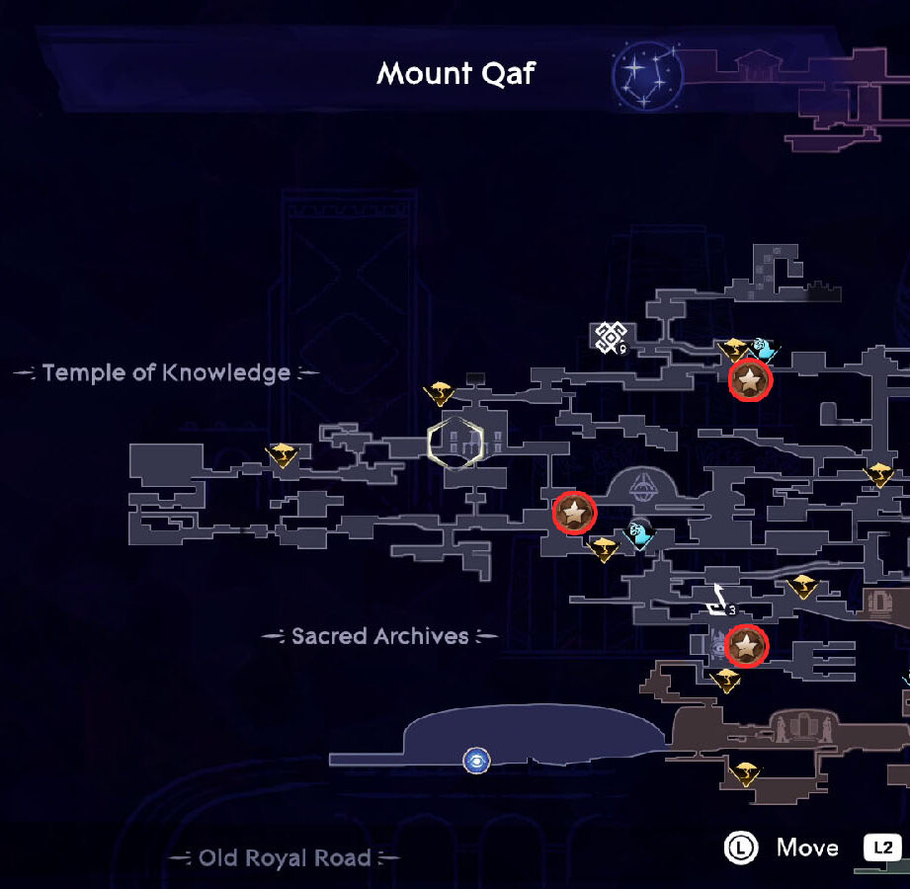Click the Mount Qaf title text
click(x=455, y=74)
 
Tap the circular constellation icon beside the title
click(x=647, y=75)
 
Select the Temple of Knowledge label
click(x=167, y=372)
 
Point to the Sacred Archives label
click(x=380, y=636)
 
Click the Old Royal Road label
click(x=285, y=857)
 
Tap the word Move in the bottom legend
click(x=807, y=848)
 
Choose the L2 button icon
click(x=882, y=848)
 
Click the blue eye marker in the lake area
click(x=476, y=761)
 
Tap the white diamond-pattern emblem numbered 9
click(x=611, y=337)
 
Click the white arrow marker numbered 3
click(x=720, y=602)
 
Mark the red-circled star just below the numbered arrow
click(x=747, y=646)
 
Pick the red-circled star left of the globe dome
click(x=574, y=513)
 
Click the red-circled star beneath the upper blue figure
click(x=750, y=380)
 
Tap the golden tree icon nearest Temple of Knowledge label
click(x=282, y=455)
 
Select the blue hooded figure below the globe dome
click(x=639, y=533)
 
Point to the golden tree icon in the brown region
click(x=745, y=773)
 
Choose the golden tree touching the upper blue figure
click(x=734, y=350)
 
